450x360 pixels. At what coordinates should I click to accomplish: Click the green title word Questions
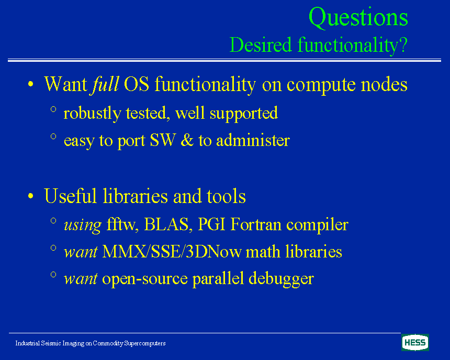[358, 18]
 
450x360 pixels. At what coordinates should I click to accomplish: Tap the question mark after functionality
[403, 44]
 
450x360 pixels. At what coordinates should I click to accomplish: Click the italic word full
[105, 84]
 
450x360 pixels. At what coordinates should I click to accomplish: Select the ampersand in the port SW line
[188, 140]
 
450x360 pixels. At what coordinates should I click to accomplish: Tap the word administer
[253, 140]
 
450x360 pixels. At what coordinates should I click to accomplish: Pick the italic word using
[83, 225]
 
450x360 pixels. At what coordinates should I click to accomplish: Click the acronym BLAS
[166, 224]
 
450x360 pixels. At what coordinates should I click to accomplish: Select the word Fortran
[256, 224]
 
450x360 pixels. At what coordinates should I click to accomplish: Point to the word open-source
[144, 279]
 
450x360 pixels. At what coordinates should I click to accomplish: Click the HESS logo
[415, 342]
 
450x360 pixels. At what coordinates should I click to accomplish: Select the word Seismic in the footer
[51, 343]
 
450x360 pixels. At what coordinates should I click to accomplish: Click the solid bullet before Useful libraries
[31, 196]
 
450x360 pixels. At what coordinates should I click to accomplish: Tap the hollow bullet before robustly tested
[53, 109]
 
